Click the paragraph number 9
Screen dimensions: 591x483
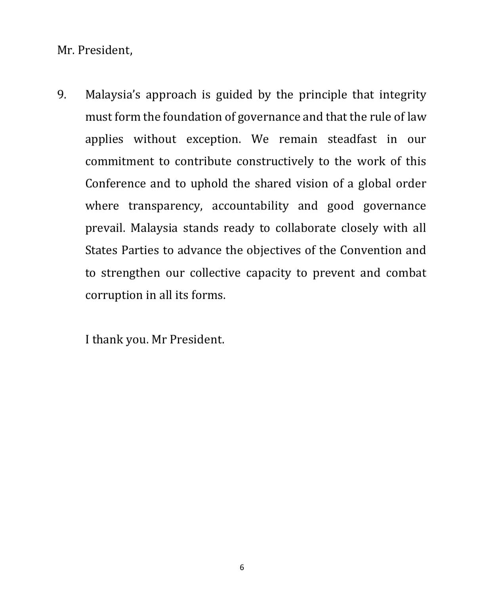click(61, 95)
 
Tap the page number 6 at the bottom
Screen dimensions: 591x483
click(242, 567)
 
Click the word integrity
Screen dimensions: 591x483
click(403, 95)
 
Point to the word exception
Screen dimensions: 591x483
click(213, 140)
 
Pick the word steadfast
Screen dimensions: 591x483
click(352, 139)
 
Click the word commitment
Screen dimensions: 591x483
click(119, 162)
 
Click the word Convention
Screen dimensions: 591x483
click(370, 250)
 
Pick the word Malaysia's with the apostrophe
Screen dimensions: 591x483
click(113, 95)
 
